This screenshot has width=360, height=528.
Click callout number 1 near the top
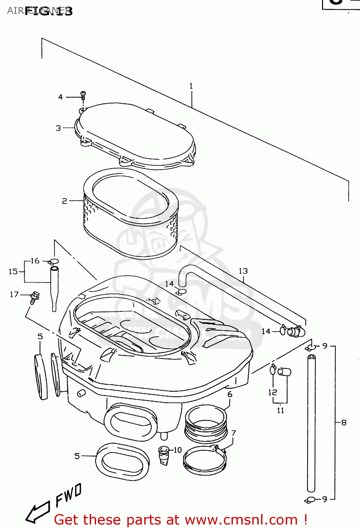pos(191,86)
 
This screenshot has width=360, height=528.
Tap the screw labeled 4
pos(83,95)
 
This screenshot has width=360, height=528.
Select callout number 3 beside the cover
pos(58,128)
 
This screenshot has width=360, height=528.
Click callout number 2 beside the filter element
pos(64,201)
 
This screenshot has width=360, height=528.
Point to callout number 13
pos(243,271)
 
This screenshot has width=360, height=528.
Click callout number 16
pos(35,261)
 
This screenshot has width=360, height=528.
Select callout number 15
pos(13,271)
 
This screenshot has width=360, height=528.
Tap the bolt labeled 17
pos(34,297)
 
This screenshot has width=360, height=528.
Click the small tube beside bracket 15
pos(54,289)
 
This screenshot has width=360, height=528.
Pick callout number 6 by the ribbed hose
pos(230,394)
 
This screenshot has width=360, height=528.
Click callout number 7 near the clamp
pos(233,433)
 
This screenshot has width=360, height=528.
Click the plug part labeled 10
pos(164,455)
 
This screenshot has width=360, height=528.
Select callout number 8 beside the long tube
pos(344,422)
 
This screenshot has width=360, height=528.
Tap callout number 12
pos(273,392)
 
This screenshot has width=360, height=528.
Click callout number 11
pos(280,410)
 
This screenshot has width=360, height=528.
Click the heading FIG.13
pos(49,11)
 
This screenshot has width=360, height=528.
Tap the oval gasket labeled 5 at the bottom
pos(122,461)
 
